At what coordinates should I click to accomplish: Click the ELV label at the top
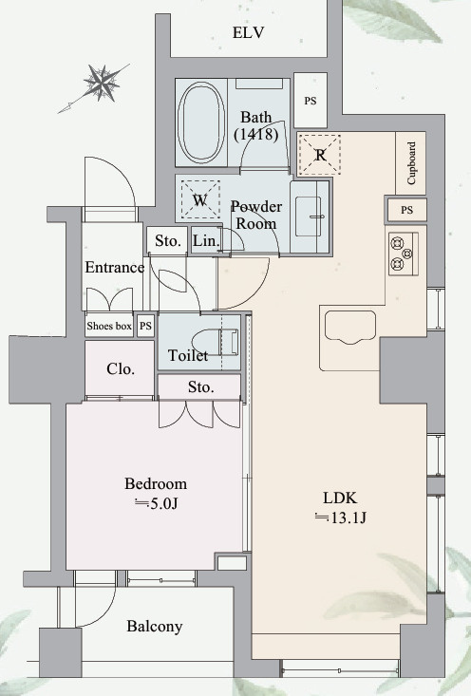pyautogui.click(x=248, y=32)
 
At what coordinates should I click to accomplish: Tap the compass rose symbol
pyautogui.click(x=103, y=83)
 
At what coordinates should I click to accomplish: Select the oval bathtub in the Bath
pyautogui.click(x=200, y=122)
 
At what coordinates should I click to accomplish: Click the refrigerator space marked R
pyautogui.click(x=320, y=155)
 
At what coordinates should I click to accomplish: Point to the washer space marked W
pyautogui.click(x=200, y=199)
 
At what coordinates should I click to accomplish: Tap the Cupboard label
pyautogui.click(x=411, y=163)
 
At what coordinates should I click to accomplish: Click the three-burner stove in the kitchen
pyautogui.click(x=403, y=254)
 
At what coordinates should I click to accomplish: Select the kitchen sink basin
pyautogui.click(x=350, y=328)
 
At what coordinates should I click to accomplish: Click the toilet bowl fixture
pyautogui.click(x=216, y=342)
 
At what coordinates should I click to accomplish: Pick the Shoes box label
pyautogui.click(x=109, y=327)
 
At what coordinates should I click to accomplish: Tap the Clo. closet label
pyautogui.click(x=121, y=368)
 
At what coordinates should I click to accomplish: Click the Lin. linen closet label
pyautogui.click(x=206, y=240)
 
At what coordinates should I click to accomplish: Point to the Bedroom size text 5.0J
pyautogui.click(x=157, y=504)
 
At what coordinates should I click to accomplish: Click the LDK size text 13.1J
pyautogui.click(x=340, y=517)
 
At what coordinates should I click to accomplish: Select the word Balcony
pyautogui.click(x=155, y=627)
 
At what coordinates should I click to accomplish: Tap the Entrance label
pyautogui.click(x=115, y=267)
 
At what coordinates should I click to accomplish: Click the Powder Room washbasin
pyautogui.click(x=308, y=216)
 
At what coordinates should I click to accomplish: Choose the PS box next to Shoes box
pyautogui.click(x=145, y=327)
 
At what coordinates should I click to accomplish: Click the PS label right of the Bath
pyautogui.click(x=311, y=101)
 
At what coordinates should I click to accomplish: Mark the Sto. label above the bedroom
pyautogui.click(x=200, y=387)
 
